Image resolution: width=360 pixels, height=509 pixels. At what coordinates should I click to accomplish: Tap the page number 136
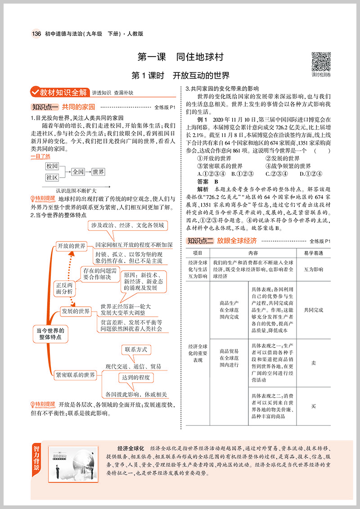click(x=36, y=34)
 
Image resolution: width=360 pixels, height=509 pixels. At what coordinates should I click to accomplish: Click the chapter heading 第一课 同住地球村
click(x=180, y=58)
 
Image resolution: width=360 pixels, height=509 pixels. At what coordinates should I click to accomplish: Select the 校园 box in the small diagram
click(x=52, y=166)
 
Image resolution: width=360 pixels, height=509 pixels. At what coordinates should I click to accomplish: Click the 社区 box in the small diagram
click(x=52, y=178)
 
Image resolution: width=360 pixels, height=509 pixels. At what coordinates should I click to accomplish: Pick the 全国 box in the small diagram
click(x=78, y=172)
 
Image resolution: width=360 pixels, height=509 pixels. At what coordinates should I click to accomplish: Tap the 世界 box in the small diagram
click(x=99, y=172)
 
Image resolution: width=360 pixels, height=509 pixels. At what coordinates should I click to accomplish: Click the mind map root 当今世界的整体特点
click(x=50, y=333)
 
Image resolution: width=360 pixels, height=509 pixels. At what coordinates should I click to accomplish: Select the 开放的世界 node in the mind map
click(x=71, y=246)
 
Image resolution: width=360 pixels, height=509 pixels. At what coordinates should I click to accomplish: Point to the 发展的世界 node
click(x=76, y=311)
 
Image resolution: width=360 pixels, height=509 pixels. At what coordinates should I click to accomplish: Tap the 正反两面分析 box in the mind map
click(x=64, y=288)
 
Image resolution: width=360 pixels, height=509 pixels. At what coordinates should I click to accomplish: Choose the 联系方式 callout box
click(x=136, y=349)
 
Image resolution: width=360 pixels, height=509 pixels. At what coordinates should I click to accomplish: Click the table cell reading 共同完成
click(x=314, y=310)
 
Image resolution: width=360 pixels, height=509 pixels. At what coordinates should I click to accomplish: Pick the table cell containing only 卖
click(x=314, y=363)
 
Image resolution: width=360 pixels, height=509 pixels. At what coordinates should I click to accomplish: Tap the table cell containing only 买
click(x=314, y=406)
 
